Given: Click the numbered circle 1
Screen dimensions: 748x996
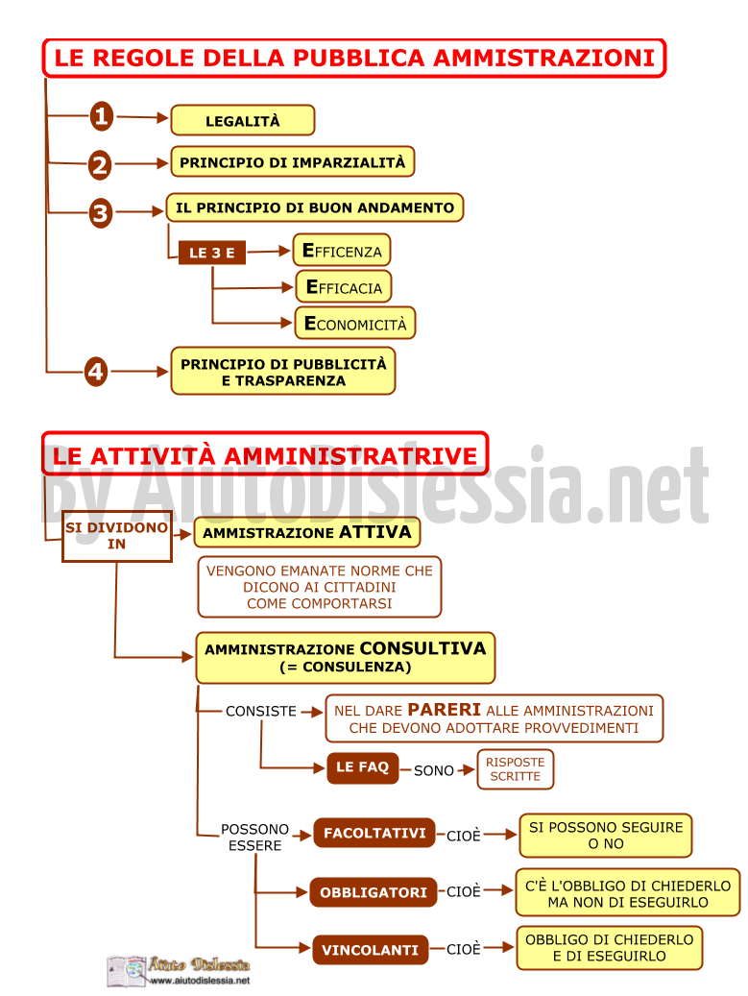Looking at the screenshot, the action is [x=102, y=117].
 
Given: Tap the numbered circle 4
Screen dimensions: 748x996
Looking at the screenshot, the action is [x=96, y=372].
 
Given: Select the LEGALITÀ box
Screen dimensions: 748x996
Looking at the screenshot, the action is [x=243, y=121].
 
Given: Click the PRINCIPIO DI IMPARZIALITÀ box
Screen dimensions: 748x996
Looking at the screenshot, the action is [x=292, y=162].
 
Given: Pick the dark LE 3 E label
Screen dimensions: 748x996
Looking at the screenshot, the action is [x=212, y=253].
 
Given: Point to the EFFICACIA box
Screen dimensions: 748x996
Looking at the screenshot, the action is [x=344, y=287].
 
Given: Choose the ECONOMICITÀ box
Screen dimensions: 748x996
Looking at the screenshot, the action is [x=355, y=324].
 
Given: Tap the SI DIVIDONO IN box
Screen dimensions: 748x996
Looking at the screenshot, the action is [x=117, y=536].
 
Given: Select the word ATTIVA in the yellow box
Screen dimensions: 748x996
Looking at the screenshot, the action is [x=375, y=532].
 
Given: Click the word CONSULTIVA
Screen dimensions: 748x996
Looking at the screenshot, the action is [x=422, y=648].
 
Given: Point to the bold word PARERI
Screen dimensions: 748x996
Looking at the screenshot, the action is [x=444, y=710].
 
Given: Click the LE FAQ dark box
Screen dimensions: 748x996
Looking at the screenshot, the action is [x=363, y=767].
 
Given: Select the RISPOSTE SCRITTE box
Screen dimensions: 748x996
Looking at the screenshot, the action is [x=515, y=769].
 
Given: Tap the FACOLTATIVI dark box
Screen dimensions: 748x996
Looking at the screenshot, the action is [x=374, y=834].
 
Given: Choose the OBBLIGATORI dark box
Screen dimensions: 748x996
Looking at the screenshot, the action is [x=374, y=892].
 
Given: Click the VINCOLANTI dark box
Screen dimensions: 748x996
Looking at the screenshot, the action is [x=371, y=950].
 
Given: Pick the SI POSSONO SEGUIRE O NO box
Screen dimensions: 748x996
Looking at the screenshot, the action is [x=606, y=836].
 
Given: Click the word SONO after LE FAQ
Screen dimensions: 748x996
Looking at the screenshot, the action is [x=434, y=770].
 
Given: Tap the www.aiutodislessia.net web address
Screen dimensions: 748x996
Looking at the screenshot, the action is [x=200, y=981].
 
